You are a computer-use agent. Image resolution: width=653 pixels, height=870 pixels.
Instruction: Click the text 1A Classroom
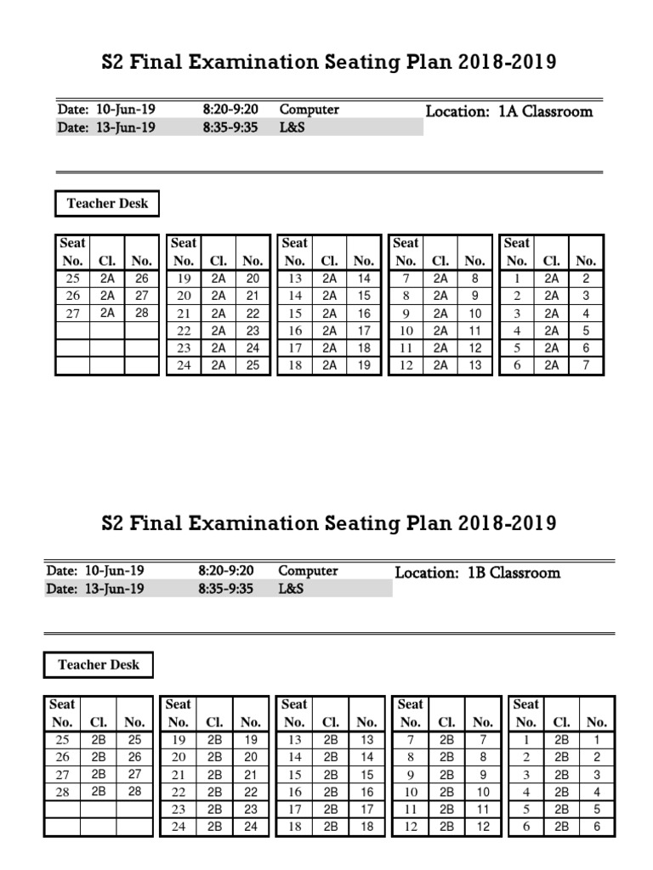tap(545, 111)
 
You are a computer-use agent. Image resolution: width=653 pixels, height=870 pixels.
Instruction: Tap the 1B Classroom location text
tap(514, 573)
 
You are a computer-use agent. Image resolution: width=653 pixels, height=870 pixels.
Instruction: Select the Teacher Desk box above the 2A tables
tap(107, 204)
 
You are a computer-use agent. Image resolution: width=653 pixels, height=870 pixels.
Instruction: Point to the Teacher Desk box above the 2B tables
tap(99, 665)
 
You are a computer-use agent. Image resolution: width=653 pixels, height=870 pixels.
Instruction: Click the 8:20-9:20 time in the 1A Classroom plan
tap(230, 110)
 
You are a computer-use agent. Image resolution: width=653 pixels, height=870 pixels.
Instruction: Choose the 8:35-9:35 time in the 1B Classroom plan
tap(225, 589)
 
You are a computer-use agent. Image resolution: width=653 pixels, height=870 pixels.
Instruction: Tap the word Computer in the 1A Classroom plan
tap(309, 110)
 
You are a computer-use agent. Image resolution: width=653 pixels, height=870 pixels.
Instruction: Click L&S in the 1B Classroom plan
tap(291, 589)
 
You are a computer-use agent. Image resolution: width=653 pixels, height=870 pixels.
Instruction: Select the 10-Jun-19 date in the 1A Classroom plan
tap(126, 110)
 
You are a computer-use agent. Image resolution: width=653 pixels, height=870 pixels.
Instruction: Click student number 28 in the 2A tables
tap(142, 314)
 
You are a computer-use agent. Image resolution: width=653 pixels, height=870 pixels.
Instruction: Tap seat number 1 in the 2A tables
tap(516, 278)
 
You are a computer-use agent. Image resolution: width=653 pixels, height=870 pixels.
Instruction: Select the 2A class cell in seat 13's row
tap(329, 278)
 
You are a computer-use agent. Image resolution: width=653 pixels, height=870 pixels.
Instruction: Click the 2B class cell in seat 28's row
tap(99, 792)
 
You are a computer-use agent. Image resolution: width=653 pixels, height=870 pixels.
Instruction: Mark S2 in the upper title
tap(112, 62)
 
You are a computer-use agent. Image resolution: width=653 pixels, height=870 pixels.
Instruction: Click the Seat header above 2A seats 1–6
tap(516, 243)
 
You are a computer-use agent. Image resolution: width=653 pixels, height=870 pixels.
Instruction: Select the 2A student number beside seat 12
tap(475, 366)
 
